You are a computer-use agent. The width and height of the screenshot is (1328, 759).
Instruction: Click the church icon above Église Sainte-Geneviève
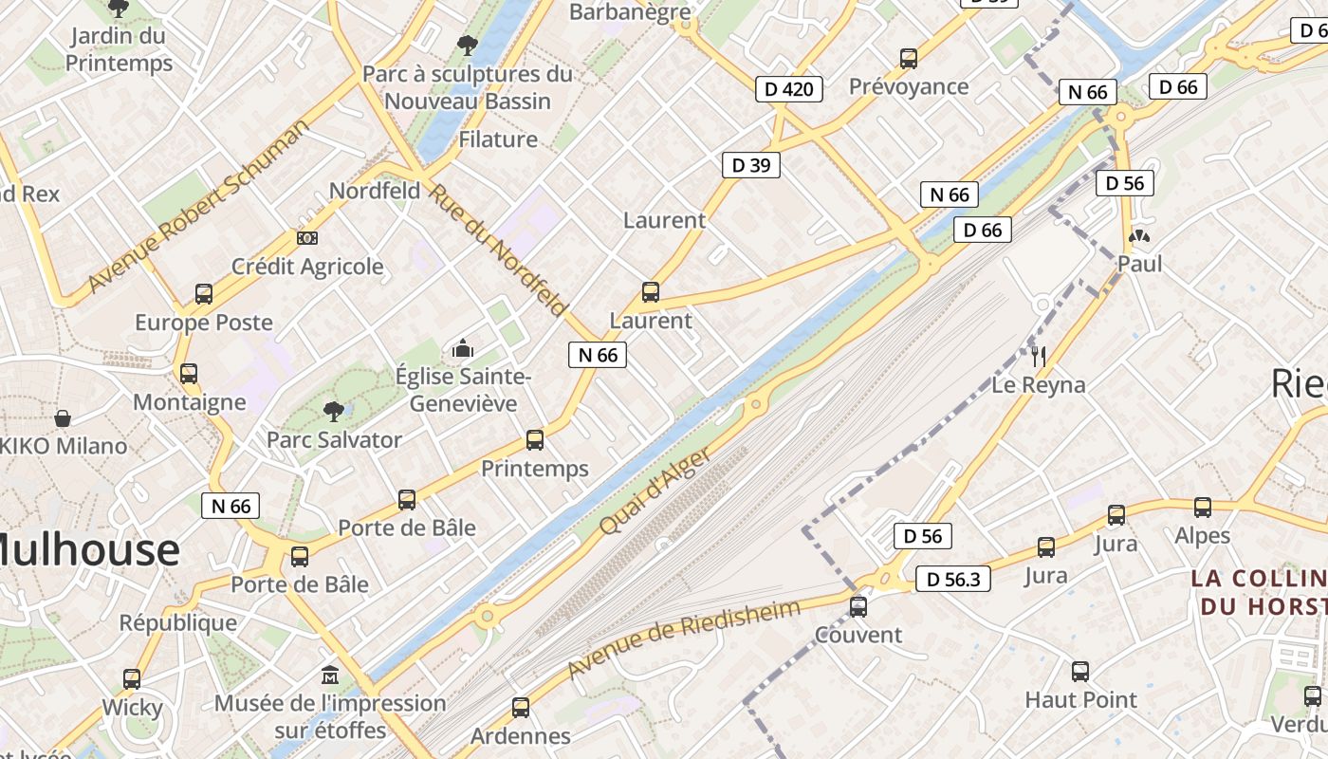click(463, 348)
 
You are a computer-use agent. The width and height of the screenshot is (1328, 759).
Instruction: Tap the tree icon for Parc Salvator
click(333, 411)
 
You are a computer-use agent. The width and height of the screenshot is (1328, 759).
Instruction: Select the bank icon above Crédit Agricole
click(307, 238)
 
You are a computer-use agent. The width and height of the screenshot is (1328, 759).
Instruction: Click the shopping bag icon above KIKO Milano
click(63, 417)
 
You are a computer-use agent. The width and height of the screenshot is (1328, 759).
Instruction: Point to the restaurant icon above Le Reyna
click(1039, 357)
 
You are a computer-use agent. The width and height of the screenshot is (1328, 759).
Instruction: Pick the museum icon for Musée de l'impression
click(330, 676)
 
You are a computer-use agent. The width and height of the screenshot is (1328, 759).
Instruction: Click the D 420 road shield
click(789, 89)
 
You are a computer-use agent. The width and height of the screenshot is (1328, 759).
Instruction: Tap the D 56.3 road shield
click(953, 579)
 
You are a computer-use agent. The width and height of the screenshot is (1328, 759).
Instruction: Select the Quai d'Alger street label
click(655, 491)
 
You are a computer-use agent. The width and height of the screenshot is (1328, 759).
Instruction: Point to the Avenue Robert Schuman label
click(198, 206)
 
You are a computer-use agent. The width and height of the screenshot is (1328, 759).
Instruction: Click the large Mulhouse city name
click(87, 550)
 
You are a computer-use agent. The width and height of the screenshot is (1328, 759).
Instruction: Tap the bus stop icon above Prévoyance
click(909, 59)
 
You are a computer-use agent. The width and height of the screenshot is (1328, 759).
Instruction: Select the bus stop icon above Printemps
click(535, 440)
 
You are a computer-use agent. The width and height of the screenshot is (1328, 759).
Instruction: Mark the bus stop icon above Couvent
click(858, 606)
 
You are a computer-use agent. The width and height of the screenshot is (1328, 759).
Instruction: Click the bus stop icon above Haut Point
click(1080, 672)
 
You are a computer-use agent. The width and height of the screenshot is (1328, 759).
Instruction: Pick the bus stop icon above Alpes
click(1203, 508)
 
